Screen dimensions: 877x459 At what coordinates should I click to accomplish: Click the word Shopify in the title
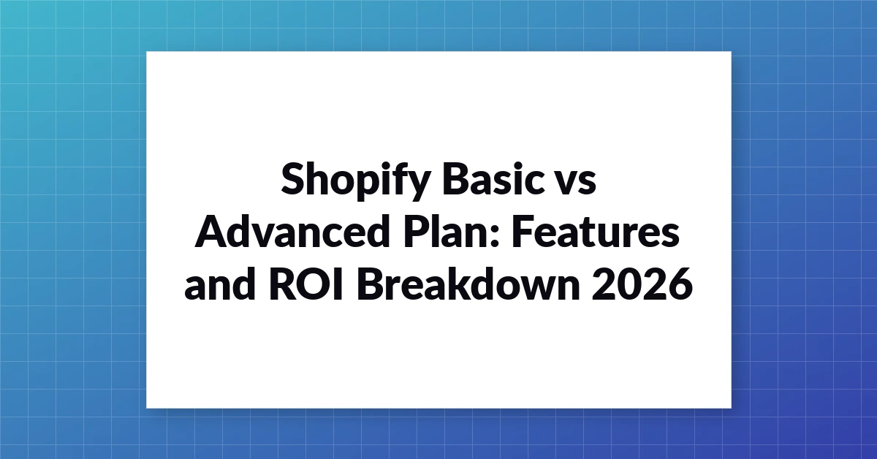pyautogui.click(x=356, y=181)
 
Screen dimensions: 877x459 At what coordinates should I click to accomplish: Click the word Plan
pyautogui.click(x=447, y=231)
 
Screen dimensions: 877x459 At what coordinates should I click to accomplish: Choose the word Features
pyautogui.click(x=596, y=232)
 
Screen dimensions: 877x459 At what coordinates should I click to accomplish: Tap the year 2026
pyautogui.click(x=642, y=284)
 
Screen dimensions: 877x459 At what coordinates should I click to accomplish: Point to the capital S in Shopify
pyautogui.click(x=293, y=178)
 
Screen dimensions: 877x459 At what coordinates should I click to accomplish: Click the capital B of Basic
pyautogui.click(x=455, y=178)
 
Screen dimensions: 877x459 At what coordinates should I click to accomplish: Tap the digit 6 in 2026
pyautogui.click(x=680, y=284)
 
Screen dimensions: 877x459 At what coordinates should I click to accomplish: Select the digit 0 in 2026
pyautogui.click(x=629, y=284)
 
